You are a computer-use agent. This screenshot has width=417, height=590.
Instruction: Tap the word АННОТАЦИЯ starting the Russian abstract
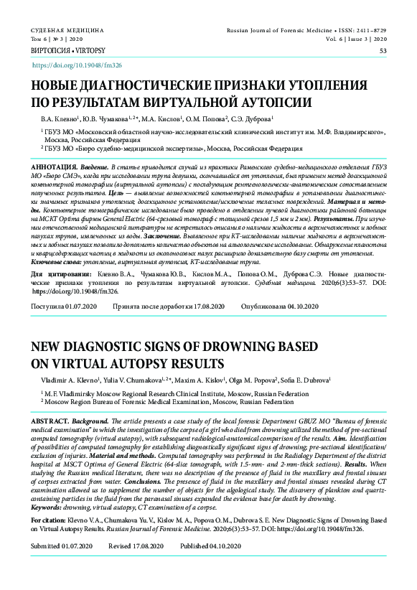click(x=53, y=167)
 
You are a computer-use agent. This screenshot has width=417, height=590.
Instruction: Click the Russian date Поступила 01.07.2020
click(x=64, y=306)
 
